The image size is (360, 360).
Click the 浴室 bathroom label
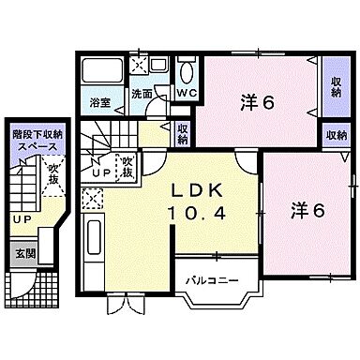pos(99,95)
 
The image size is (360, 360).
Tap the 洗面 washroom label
pos(142,94)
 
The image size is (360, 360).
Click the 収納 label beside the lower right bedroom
pos(335,135)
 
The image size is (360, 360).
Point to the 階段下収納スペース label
pos(32,142)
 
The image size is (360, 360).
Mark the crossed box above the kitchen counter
pos(92,198)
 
